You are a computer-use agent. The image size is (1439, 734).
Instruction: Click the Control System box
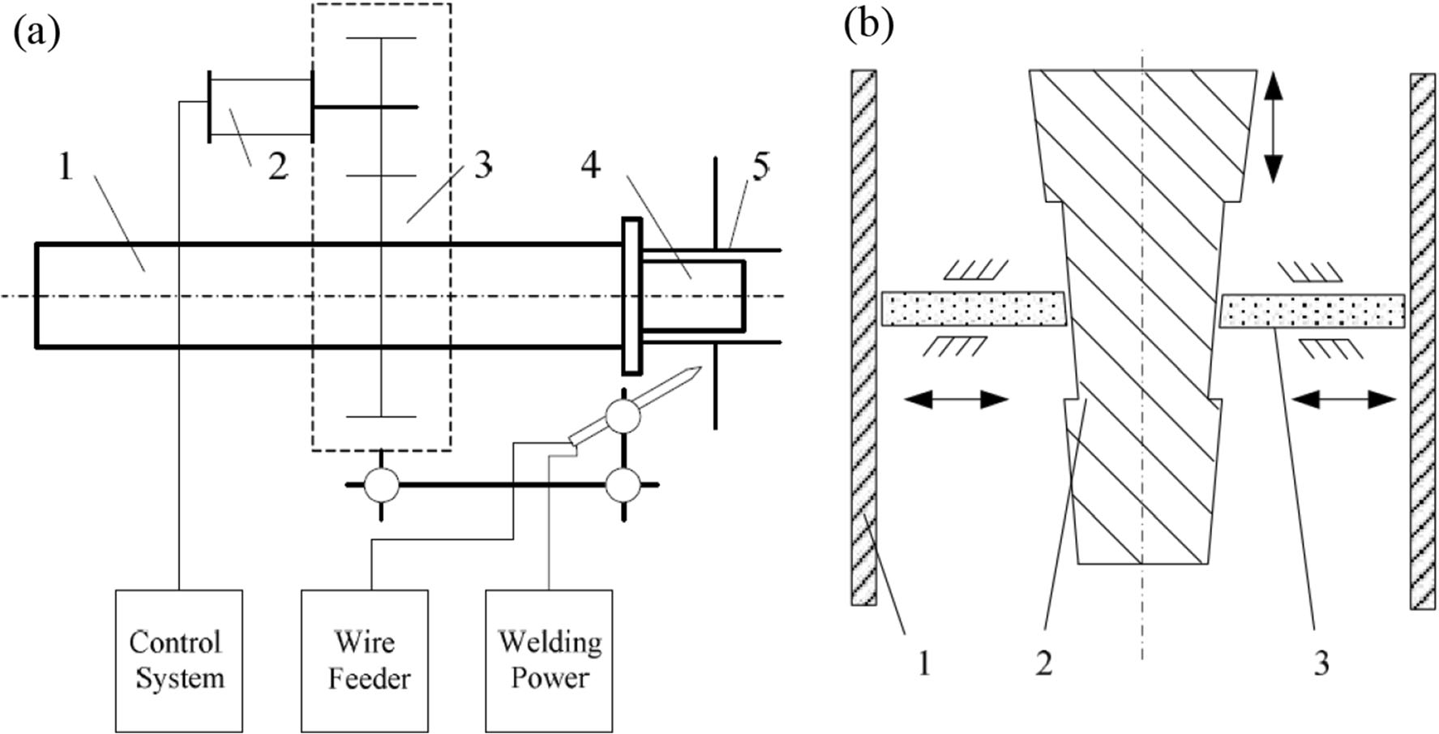tap(178, 660)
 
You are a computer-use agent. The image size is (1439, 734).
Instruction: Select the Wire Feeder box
tap(365, 660)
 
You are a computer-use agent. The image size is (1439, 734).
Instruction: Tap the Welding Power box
tap(549, 660)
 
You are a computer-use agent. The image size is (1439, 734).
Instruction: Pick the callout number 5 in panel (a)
tap(760, 167)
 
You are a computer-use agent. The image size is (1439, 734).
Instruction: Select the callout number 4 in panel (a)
tap(590, 165)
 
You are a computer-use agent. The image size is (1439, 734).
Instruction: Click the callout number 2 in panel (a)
tap(277, 167)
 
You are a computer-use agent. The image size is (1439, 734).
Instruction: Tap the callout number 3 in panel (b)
tap(1321, 663)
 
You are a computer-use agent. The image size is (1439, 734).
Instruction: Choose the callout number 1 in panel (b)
tap(923, 663)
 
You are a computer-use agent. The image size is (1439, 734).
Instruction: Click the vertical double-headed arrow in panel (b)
tap(1274, 127)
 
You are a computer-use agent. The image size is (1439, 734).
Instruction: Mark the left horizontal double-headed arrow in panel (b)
tap(956, 399)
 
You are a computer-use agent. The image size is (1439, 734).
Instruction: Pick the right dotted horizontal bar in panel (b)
tap(1313, 311)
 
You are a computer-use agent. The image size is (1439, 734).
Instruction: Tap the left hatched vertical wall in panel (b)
tap(863, 337)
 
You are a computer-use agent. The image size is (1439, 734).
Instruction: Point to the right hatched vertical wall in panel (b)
tap(1423, 341)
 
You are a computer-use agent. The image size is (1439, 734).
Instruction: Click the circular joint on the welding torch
tap(623, 416)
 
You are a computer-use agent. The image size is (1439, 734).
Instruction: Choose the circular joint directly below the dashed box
tap(381, 486)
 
